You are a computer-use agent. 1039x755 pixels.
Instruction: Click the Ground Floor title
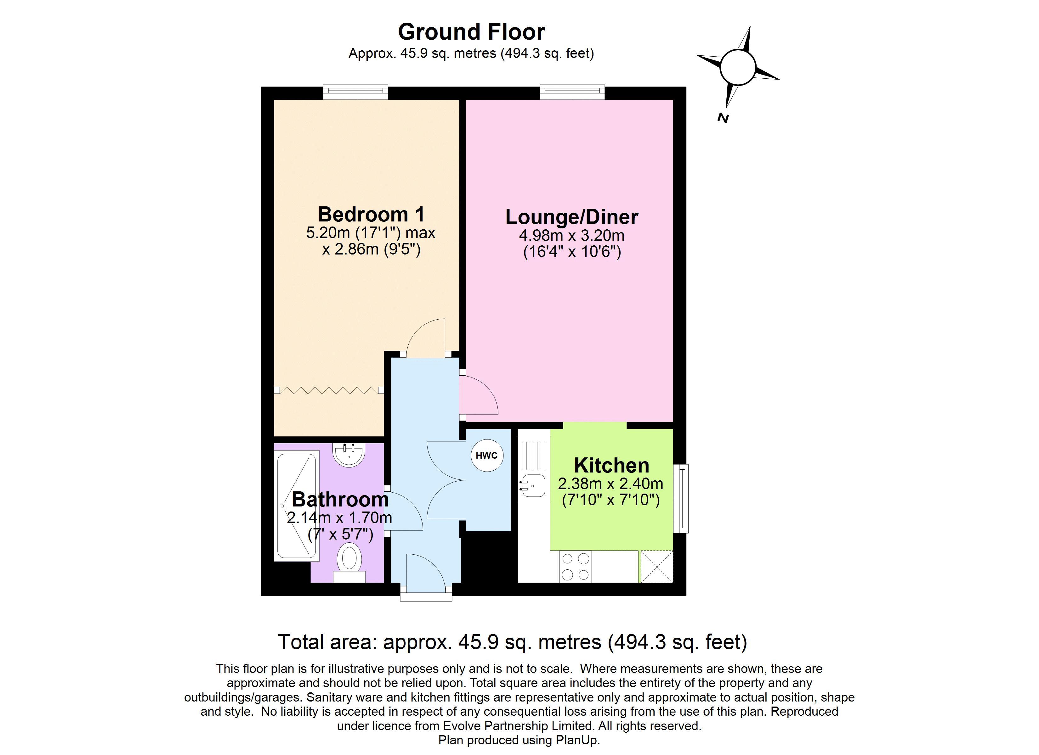[x=471, y=32]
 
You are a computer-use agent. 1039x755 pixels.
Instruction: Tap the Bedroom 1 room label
[x=371, y=214]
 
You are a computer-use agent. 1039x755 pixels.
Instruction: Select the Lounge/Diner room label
[x=572, y=217]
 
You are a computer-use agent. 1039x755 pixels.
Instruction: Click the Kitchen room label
[x=611, y=466]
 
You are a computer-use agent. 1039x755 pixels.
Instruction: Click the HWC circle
[x=486, y=456]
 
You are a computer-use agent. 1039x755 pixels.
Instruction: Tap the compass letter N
[x=723, y=118]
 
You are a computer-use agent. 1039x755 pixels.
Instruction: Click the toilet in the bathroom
[x=349, y=563]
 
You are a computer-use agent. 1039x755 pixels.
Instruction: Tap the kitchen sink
[x=532, y=486]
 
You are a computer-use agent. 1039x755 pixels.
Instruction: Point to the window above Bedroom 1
[x=355, y=92]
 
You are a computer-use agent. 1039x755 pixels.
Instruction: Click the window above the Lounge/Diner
[x=572, y=92]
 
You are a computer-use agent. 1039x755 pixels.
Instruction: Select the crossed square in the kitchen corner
[x=656, y=566]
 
